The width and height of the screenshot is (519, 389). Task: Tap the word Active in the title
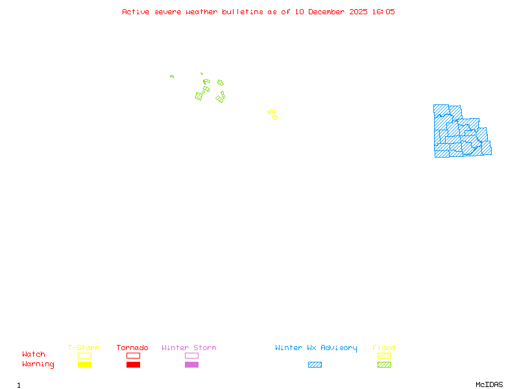click(135, 12)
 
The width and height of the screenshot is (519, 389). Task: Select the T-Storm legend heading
click(84, 348)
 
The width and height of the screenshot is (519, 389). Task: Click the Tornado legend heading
click(132, 348)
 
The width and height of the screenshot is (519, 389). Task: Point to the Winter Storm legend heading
click(189, 348)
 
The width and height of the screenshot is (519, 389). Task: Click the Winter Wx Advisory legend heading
click(316, 348)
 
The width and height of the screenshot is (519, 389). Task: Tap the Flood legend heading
click(384, 348)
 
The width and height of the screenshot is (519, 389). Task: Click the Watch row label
click(34, 355)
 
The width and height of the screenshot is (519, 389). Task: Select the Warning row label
click(38, 364)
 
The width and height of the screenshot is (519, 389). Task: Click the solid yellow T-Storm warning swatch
click(84, 365)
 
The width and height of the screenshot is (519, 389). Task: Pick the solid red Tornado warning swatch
click(133, 365)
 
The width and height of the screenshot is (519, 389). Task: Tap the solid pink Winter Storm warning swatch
click(191, 365)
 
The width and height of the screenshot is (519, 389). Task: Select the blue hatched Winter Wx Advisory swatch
click(315, 365)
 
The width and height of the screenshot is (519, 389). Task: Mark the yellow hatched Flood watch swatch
click(384, 355)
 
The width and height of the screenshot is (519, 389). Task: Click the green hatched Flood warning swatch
click(384, 365)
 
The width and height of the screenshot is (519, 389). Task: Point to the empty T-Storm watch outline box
click(84, 355)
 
